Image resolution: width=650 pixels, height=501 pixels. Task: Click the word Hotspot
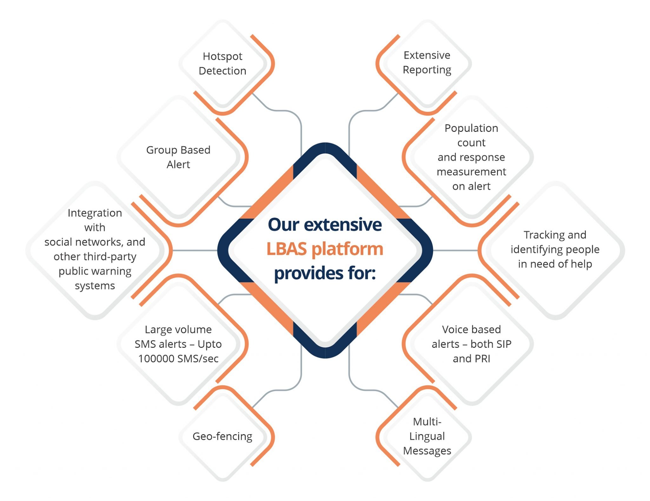(222, 56)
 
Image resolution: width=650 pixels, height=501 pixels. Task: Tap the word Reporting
(427, 70)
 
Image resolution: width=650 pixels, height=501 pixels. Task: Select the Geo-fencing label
(222, 436)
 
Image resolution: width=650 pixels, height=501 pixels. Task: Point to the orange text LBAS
(287, 249)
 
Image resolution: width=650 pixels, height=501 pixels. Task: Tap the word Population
(471, 128)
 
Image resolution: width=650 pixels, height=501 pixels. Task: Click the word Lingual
(427, 436)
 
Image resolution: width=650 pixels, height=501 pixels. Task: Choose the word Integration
(95, 213)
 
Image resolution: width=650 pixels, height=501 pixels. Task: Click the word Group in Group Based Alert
(159, 150)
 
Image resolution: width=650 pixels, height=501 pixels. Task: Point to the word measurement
(471, 172)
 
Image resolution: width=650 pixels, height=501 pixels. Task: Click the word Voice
(454, 330)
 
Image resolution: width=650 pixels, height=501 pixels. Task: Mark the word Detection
(222, 71)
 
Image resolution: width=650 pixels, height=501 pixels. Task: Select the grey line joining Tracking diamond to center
(455, 250)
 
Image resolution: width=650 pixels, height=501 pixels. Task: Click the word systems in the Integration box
(95, 286)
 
